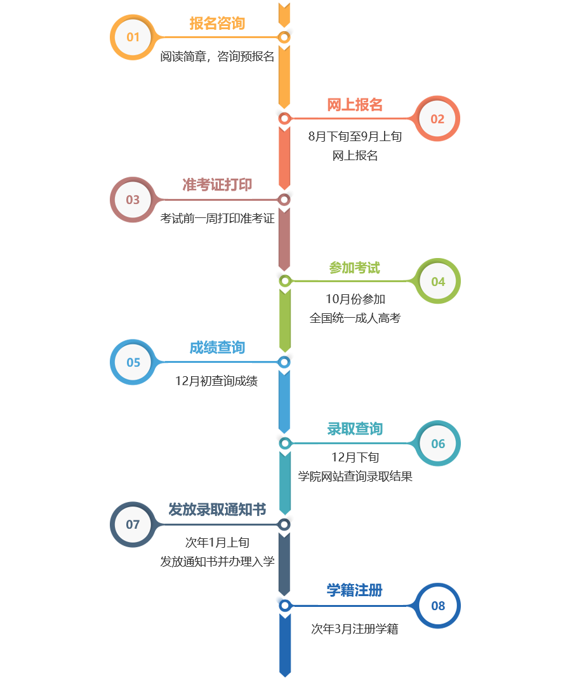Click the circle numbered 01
click(x=133, y=37)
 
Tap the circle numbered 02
click(x=438, y=119)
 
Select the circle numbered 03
click(x=133, y=200)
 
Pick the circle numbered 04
click(x=438, y=282)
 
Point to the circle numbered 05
click(x=133, y=362)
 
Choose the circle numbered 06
click(x=438, y=444)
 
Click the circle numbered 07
click(x=133, y=524)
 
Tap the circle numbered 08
click(x=438, y=606)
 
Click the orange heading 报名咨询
click(x=217, y=24)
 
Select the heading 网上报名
click(x=355, y=105)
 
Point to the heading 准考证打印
click(x=217, y=185)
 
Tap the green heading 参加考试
click(x=355, y=268)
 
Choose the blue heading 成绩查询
click(x=217, y=348)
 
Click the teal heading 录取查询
click(x=355, y=429)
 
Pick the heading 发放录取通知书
click(x=216, y=509)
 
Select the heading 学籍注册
click(x=355, y=590)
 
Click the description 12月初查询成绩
click(x=216, y=381)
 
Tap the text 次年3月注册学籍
click(x=355, y=629)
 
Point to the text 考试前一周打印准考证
click(x=217, y=219)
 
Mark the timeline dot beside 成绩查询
click(x=284, y=362)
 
